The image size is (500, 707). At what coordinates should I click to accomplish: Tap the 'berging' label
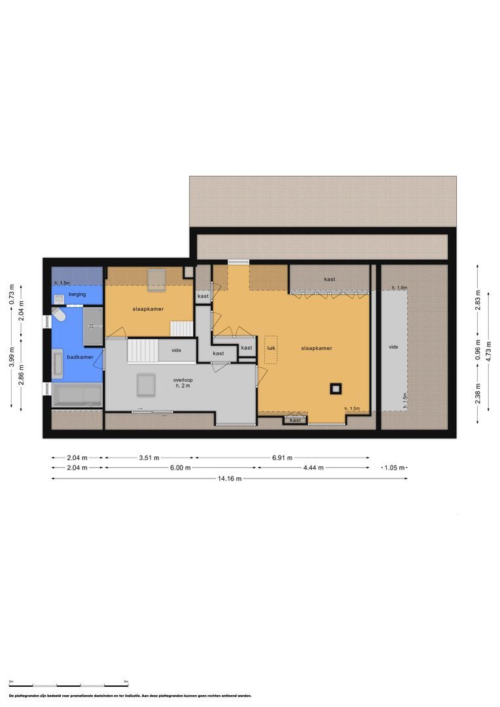(77, 295)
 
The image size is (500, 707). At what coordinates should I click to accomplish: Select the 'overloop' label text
(183, 380)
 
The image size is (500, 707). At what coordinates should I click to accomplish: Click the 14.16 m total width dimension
(229, 479)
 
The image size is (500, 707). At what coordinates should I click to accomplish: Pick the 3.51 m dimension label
(150, 458)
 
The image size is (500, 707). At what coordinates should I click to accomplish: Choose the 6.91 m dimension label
(282, 458)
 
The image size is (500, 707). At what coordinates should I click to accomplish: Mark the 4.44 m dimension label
(313, 468)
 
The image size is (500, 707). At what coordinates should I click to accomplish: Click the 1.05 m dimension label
(394, 468)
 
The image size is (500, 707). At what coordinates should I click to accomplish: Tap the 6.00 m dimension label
(180, 468)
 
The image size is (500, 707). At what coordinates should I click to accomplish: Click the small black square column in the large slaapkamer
(336, 388)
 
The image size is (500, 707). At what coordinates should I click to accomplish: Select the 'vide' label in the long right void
(393, 347)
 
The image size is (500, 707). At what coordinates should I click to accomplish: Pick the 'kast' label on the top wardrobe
(329, 280)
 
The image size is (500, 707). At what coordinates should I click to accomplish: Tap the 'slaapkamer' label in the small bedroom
(148, 308)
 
